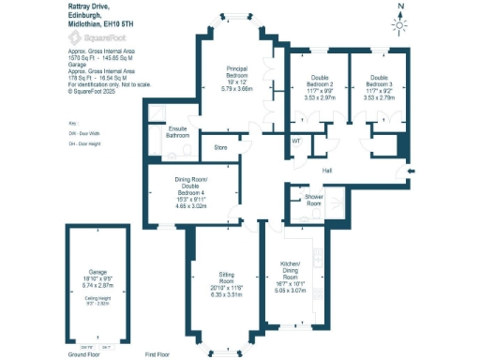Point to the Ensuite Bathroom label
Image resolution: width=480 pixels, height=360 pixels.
point(178,132)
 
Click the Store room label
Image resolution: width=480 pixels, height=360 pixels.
point(220,147)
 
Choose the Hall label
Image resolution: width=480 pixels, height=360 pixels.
point(327,171)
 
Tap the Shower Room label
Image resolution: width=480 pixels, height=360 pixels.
point(313,200)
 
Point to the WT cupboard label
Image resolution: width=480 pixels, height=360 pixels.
point(295,141)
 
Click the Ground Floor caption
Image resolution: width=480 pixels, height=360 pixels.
point(84,355)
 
